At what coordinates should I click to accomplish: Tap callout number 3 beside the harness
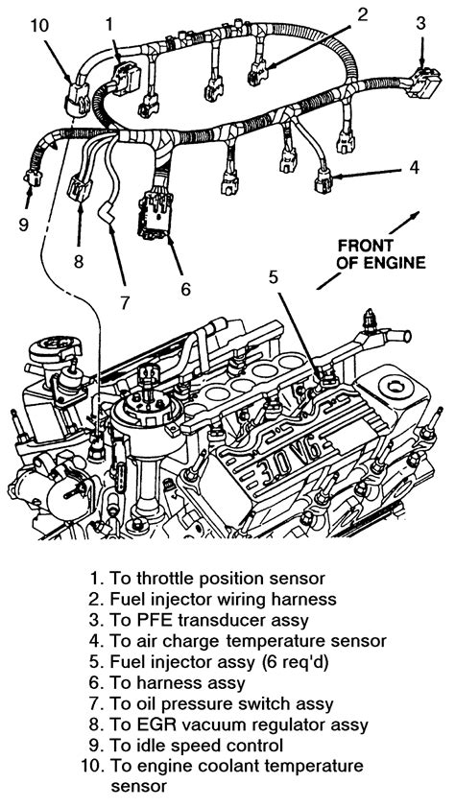click(x=419, y=22)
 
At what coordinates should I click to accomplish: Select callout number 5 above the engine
click(x=274, y=277)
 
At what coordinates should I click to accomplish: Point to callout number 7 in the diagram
click(x=125, y=298)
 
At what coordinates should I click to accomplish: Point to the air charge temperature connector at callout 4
click(x=323, y=176)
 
